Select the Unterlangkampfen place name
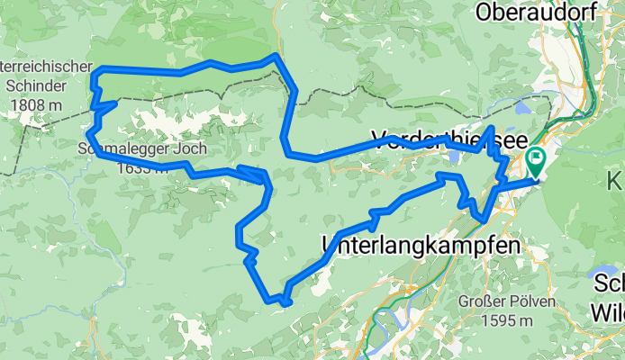click(421, 244)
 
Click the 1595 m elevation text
click(504, 320)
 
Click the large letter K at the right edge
click(617, 175)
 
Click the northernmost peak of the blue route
click(274, 56)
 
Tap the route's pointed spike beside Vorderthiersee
click(490, 129)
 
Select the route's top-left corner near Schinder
click(96, 69)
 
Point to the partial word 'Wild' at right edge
click(608, 311)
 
